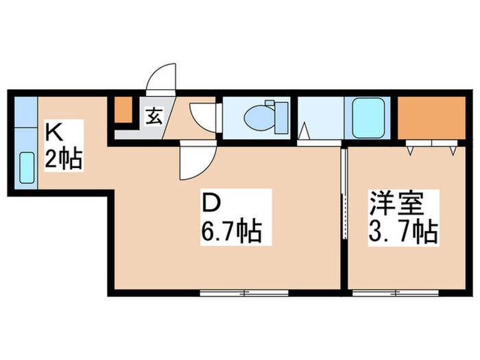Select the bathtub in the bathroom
tap(369, 118)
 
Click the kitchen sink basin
tap(26, 167)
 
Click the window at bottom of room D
tap(243, 293)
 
